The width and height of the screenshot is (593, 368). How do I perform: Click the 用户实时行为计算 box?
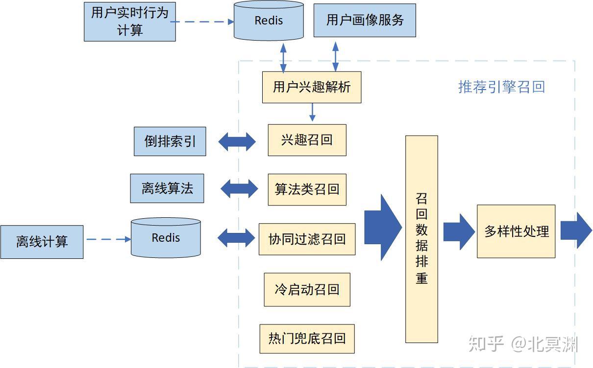coord(130,22)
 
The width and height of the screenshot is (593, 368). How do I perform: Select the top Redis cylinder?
coord(269,21)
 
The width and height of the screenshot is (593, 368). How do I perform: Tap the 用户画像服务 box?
coord(365,20)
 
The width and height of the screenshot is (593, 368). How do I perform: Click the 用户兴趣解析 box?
coord(312,87)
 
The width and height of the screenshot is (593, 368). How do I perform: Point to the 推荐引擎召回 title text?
coord(501,87)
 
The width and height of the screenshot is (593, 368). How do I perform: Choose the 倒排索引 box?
coord(170,141)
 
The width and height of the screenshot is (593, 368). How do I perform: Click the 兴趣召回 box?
coord(307,140)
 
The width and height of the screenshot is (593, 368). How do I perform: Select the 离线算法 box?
coord(167,188)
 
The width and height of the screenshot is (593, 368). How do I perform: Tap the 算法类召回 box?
coord(307,189)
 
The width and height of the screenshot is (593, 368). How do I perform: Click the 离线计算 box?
coord(42,242)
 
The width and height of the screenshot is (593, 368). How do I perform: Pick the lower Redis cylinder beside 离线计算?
coord(166,238)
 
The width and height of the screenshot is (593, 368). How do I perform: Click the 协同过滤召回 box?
coord(307,239)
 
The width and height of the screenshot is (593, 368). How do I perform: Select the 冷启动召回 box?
coord(307,289)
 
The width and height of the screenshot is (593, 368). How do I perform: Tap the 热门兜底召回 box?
coord(307,338)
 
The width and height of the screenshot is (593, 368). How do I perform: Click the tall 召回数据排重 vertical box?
coord(421,239)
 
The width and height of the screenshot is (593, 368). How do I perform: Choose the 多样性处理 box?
coord(516,231)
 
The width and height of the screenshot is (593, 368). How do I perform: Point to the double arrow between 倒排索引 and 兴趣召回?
coord(237,141)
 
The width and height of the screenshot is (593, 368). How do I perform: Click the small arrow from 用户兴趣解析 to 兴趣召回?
coord(312,113)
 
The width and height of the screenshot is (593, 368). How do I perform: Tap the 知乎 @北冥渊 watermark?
coord(523,344)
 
